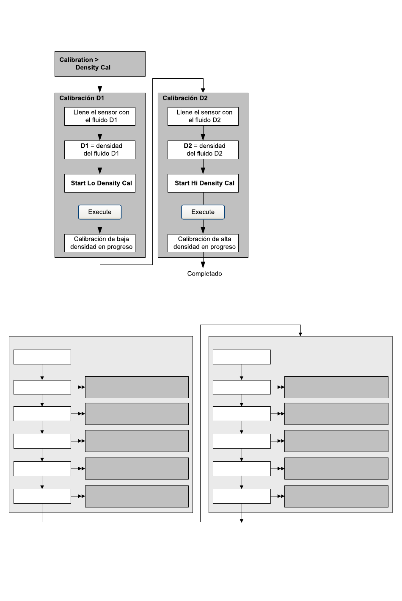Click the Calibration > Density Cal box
pyautogui.click(x=100, y=64)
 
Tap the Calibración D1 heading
pyautogui.click(x=82, y=98)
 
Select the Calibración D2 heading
pyautogui.click(x=185, y=98)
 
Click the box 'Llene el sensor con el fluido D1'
pyautogui.click(x=100, y=116)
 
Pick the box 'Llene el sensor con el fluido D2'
pyautogui.click(x=203, y=116)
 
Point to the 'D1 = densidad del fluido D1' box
pyautogui.click(x=100, y=150)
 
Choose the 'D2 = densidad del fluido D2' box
pyautogui.click(x=203, y=150)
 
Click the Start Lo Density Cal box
pyautogui.click(x=100, y=183)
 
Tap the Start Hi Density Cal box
pyautogui.click(x=203, y=183)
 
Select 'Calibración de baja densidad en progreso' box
pyautogui.click(x=100, y=243)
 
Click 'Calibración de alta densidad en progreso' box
pyautogui.click(x=203, y=243)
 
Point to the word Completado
pyautogui.click(x=205, y=274)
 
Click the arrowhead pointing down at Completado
pyautogui.click(x=203, y=265)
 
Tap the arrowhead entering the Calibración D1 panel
pyautogui.click(x=100, y=89)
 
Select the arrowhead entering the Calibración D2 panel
pyautogui.click(x=203, y=90)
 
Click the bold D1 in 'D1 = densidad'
pyautogui.click(x=85, y=146)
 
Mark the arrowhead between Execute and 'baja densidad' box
pyautogui.click(x=100, y=231)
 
